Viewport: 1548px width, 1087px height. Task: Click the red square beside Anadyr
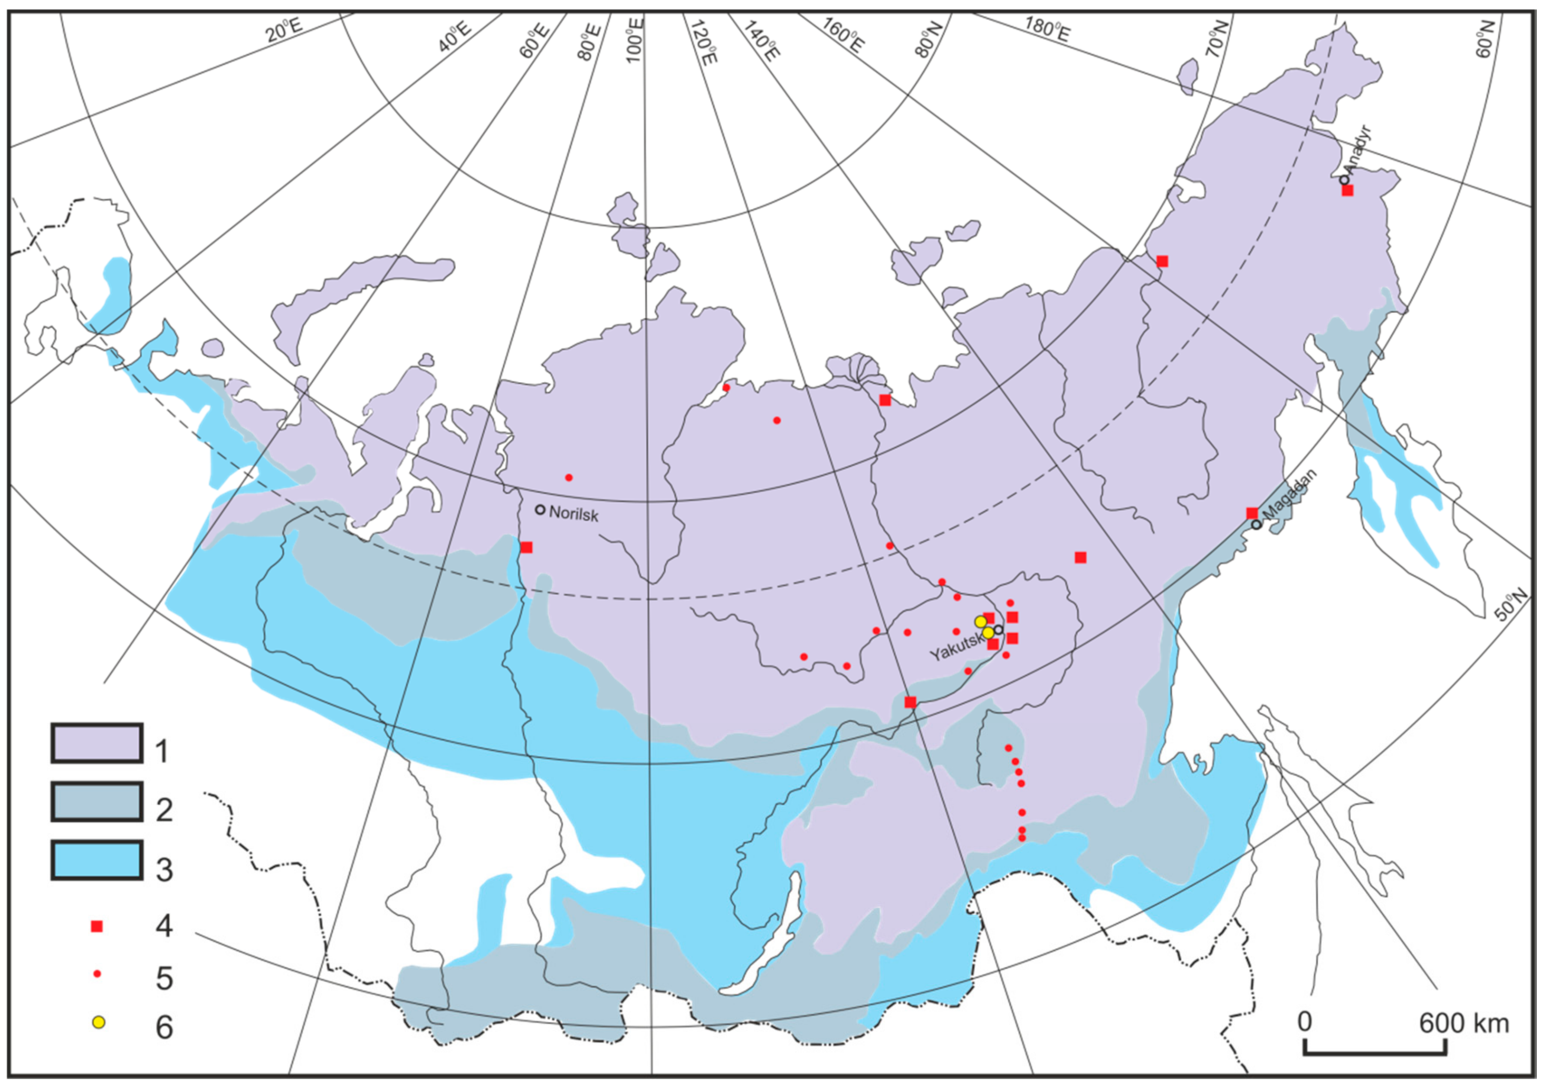pos(1347,191)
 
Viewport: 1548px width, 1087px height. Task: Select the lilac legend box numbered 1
pos(97,743)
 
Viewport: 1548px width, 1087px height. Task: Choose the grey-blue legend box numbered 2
pos(97,802)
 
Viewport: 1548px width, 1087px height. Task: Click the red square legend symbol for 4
pos(97,927)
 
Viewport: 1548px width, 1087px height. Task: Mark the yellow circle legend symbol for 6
pos(98,1022)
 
